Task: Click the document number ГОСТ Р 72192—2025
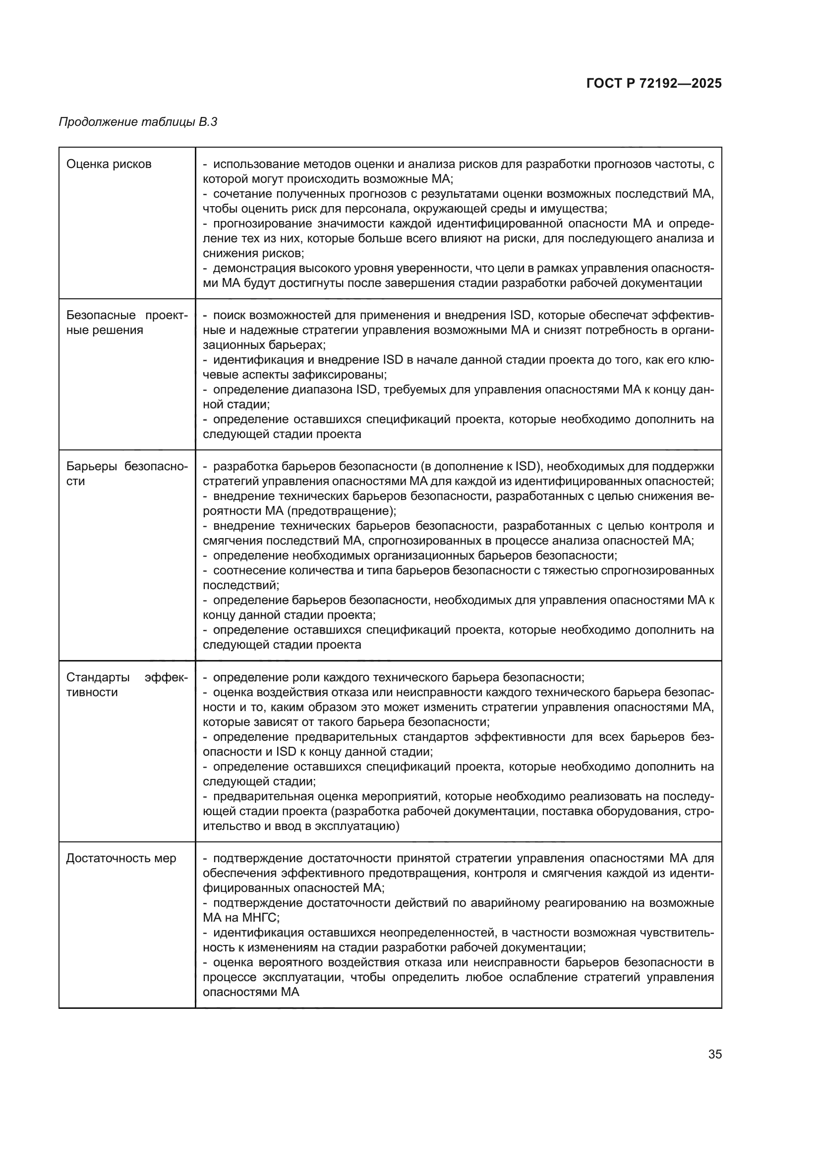pyautogui.click(x=654, y=83)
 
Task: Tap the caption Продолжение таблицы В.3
pyautogui.click(x=138, y=122)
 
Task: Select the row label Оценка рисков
pyautogui.click(x=109, y=164)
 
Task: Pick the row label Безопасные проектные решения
pyautogui.click(x=127, y=323)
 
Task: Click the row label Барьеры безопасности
pyautogui.click(x=127, y=474)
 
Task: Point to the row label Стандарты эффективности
pyautogui.click(x=127, y=684)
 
